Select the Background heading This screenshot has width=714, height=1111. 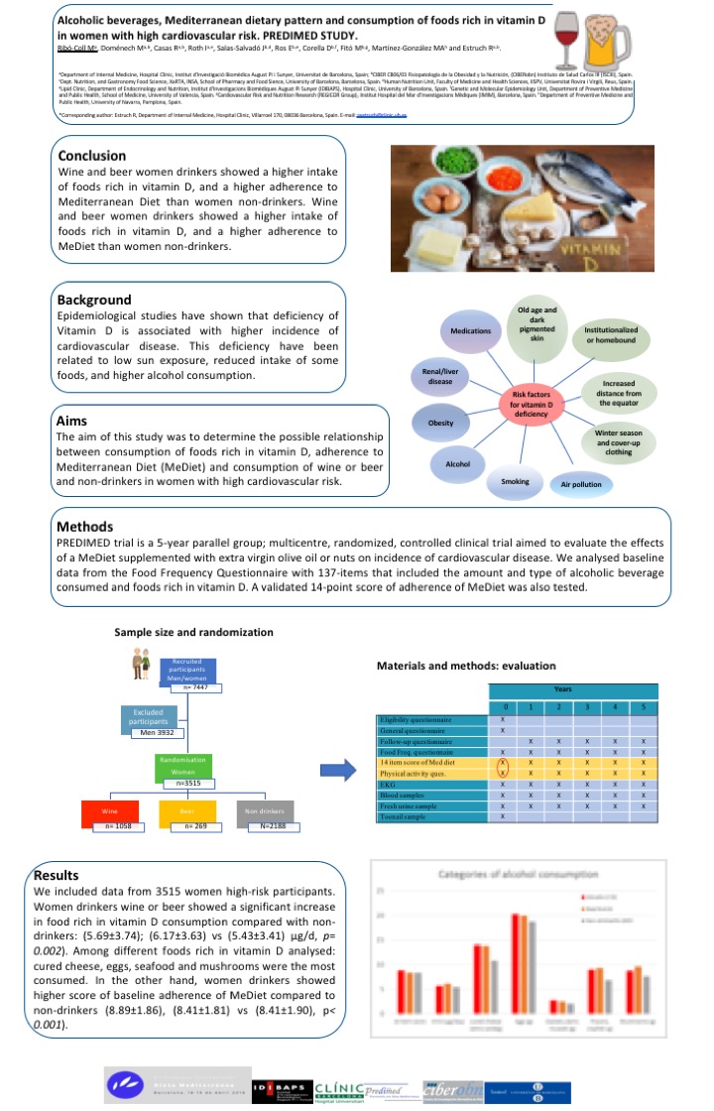point(94,300)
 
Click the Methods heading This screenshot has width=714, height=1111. point(92,526)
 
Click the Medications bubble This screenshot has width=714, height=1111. point(471,328)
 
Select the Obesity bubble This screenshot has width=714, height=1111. point(440,423)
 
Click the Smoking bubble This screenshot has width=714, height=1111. point(515,482)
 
